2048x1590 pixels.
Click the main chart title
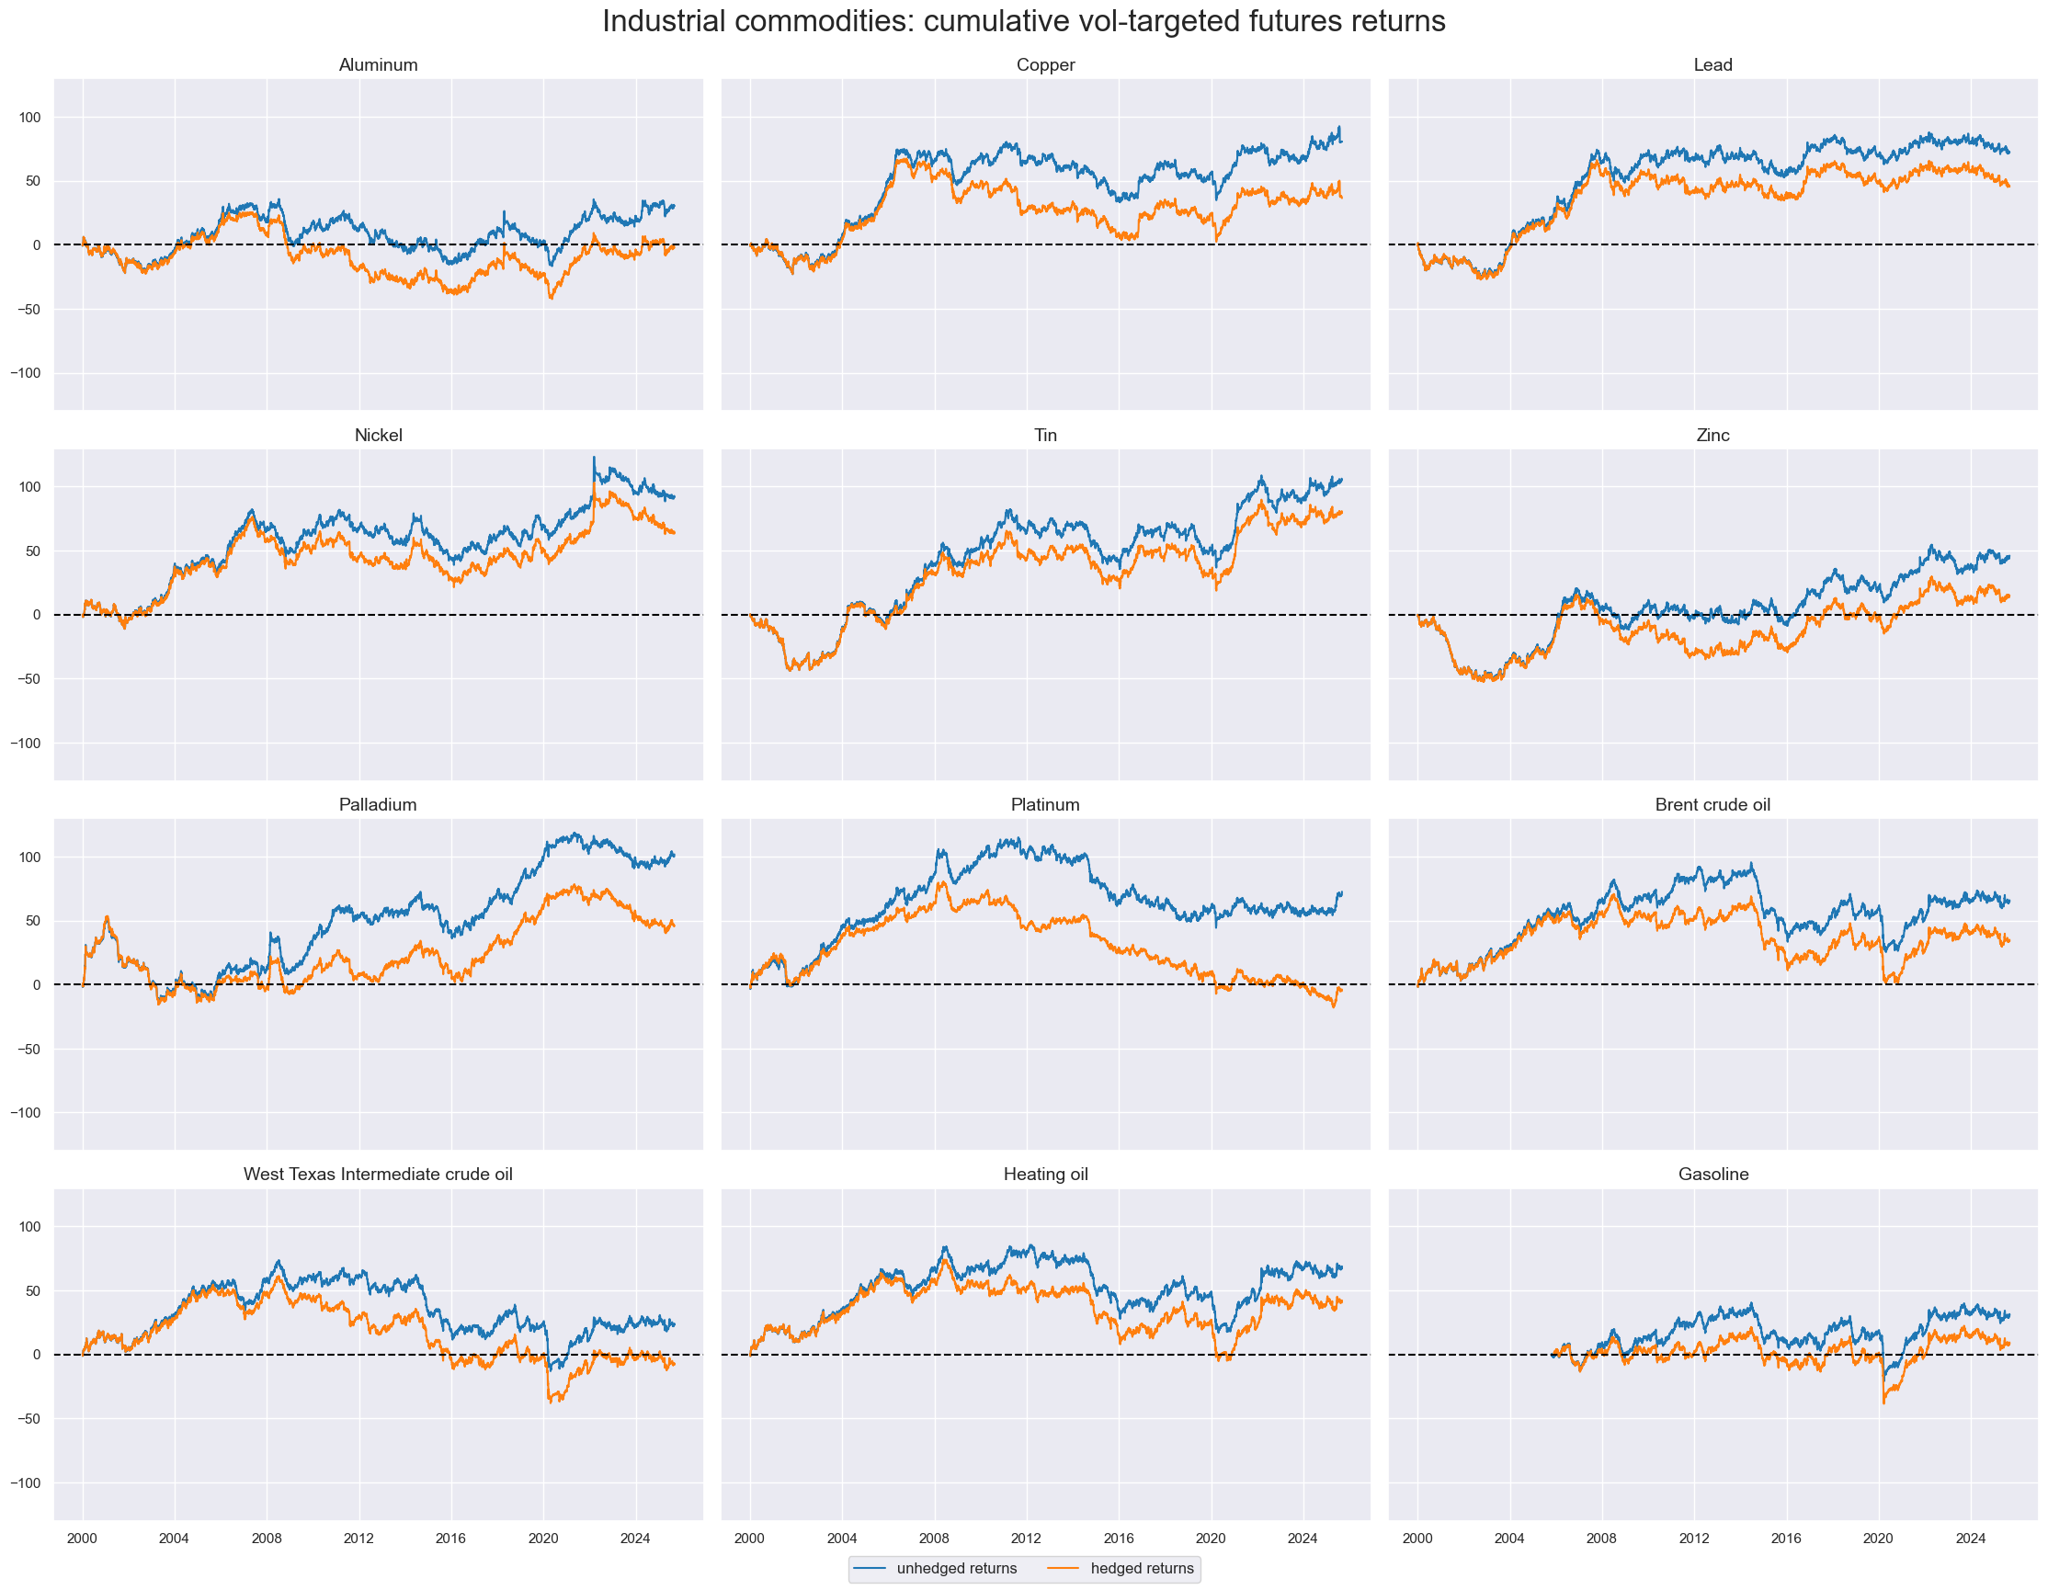click(1023, 21)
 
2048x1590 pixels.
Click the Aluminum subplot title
click(378, 64)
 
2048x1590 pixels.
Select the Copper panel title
click(1044, 64)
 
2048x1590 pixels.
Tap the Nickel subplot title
click(378, 435)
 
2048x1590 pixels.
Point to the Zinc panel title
click(1712, 435)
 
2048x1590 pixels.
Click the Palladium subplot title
click(378, 804)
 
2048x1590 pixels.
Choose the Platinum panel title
click(1044, 804)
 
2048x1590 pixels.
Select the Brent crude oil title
click(1712, 804)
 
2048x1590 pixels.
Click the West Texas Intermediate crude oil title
click(378, 1174)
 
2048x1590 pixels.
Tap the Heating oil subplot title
click(1044, 1174)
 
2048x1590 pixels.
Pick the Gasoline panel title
click(1712, 1174)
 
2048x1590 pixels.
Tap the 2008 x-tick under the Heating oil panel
click(934, 1539)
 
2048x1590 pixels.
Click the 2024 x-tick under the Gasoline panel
click(1970, 1539)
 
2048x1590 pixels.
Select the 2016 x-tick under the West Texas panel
click(451, 1539)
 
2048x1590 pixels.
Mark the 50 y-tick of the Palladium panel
click(34, 921)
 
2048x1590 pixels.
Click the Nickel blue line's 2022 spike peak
click(594, 458)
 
